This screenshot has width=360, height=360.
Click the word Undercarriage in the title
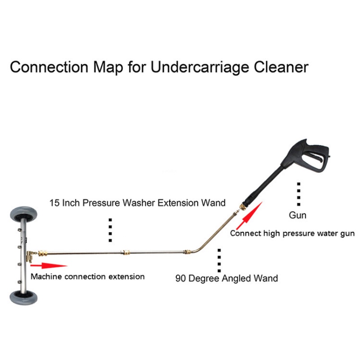(200, 67)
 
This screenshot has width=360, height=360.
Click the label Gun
(297, 215)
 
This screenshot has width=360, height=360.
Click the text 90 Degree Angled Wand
(226, 278)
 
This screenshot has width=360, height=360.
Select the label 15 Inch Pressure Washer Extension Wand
(137, 202)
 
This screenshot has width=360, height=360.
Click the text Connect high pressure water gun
(292, 233)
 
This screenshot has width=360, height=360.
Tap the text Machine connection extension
(88, 276)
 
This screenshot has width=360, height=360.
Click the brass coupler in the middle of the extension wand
(125, 250)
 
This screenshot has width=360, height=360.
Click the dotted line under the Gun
(297, 194)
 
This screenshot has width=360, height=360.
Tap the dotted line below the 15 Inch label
(110, 229)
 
